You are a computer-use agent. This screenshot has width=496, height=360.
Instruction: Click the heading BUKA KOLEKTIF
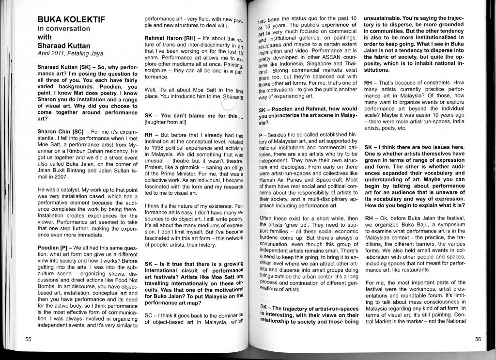coord(71,20)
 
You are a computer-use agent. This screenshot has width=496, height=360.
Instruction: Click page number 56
coord(478,339)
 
